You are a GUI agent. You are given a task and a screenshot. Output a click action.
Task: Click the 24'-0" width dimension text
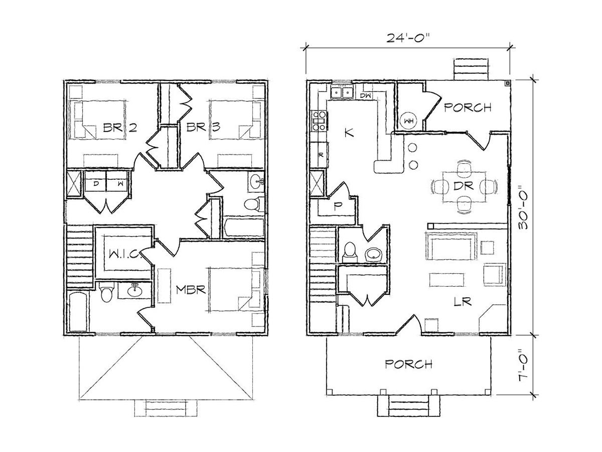407,38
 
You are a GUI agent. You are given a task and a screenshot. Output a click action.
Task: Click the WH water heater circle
408,121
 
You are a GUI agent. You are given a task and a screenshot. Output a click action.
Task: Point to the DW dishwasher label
365,96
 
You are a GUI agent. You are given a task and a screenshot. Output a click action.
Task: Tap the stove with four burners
319,121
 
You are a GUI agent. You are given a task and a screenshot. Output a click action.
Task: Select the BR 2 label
120,128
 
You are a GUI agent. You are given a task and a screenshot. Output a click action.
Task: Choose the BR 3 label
203,127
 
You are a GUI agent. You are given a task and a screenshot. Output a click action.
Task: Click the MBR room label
191,290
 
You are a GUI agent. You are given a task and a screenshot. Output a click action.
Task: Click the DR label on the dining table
464,186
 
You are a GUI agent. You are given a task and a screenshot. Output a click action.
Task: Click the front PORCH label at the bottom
408,364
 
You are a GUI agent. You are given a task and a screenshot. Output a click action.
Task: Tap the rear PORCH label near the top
468,107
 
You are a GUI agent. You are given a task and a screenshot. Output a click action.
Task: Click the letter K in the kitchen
349,133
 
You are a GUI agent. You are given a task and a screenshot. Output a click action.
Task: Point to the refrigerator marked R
320,155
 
